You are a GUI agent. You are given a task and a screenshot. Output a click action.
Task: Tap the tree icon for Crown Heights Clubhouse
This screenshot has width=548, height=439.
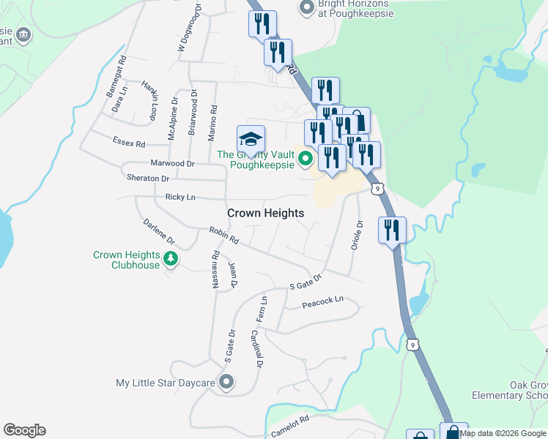click(x=171, y=258)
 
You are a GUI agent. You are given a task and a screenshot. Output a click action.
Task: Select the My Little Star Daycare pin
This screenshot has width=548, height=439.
click(x=226, y=382)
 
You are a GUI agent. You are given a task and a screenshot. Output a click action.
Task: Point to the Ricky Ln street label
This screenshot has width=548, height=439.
click(x=180, y=197)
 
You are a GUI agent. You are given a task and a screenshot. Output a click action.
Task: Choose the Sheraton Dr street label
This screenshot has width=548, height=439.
click(x=147, y=178)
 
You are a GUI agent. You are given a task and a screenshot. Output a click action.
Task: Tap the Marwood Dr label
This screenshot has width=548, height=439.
click(x=172, y=164)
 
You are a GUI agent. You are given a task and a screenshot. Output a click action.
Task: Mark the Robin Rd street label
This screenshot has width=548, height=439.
click(x=224, y=235)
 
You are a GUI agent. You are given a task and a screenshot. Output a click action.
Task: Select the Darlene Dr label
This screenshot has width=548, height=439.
click(x=159, y=230)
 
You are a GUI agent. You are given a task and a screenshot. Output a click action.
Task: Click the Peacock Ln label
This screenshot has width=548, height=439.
click(x=323, y=301)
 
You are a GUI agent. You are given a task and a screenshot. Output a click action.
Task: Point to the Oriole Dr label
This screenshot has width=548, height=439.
click(x=357, y=236)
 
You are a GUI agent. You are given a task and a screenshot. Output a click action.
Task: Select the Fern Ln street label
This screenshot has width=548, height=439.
click(x=262, y=309)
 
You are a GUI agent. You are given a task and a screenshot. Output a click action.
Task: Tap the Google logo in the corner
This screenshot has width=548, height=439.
click(x=24, y=430)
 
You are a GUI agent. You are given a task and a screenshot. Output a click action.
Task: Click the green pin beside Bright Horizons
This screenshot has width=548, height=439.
click(x=306, y=8)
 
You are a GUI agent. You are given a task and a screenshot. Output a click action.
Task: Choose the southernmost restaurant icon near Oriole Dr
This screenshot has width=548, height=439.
click(x=392, y=230)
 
